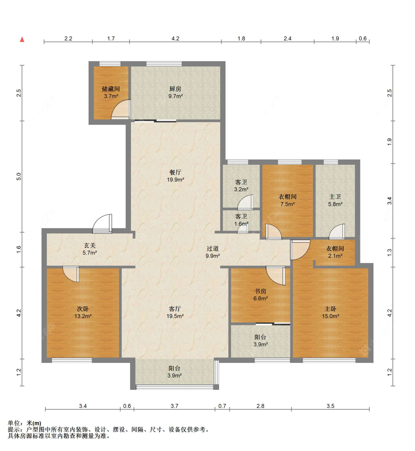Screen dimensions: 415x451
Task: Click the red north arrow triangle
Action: (22, 39)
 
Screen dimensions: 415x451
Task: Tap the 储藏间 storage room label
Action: (111, 89)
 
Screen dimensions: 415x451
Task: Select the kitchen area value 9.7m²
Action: (176, 96)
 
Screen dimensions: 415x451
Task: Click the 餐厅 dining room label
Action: (175, 173)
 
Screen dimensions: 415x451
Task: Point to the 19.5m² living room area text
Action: (175, 316)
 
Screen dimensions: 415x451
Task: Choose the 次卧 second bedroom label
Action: (83, 309)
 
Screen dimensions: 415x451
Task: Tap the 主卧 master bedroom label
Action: (331, 309)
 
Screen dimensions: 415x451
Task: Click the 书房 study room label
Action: (260, 291)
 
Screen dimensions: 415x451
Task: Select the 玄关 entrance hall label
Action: (90, 245)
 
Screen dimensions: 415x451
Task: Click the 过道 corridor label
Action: (212, 249)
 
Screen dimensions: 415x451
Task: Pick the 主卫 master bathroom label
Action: (335, 197)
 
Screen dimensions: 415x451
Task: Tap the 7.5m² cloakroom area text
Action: (287, 204)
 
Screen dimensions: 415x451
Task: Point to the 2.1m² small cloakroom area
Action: (335, 256)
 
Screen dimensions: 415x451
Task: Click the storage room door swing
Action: (121, 110)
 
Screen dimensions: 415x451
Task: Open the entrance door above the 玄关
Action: (102, 224)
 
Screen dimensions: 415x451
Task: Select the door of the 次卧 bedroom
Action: (70, 274)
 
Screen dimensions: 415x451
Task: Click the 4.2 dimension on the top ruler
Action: (176, 39)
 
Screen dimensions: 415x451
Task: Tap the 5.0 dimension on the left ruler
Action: (19, 177)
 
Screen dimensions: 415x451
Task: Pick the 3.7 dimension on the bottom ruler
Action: (174, 406)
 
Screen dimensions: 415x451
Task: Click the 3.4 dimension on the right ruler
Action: (390, 201)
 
